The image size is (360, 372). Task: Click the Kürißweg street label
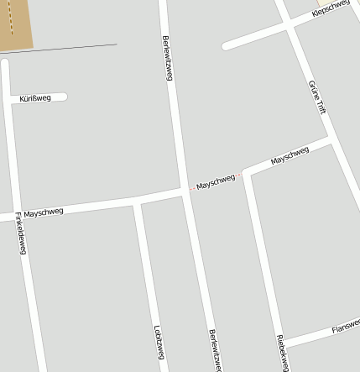[34, 98]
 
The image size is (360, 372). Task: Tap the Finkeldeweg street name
[20, 233]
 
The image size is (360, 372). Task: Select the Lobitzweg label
[158, 342]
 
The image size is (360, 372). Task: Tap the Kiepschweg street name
[330, 8]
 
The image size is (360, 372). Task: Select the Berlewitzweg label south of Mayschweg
[215, 349]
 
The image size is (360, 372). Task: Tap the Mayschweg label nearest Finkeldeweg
[44, 213]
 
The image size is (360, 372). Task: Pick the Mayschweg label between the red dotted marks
[216, 181]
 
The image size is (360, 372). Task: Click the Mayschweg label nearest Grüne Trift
[290, 155]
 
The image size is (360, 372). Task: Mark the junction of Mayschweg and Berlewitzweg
[184, 191]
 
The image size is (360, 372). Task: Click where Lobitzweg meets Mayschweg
[135, 202]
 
